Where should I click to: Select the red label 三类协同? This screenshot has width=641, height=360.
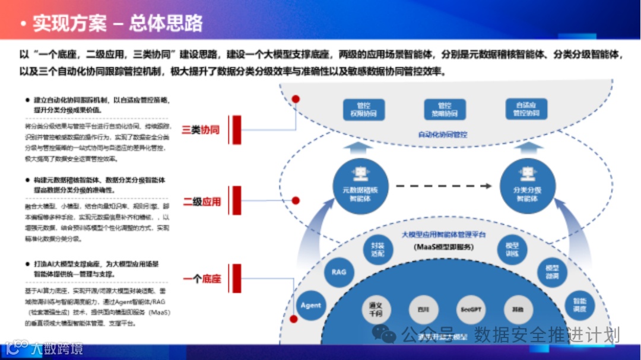click(201, 129)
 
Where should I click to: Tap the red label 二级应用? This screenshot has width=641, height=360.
click(201, 202)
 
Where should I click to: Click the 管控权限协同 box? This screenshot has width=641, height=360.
click(364, 109)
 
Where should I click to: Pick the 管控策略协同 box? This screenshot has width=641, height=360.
click(443, 109)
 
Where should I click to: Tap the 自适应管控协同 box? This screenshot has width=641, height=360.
click(526, 109)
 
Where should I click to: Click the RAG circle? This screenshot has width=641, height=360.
click(339, 272)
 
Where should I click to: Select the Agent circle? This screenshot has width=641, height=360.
click(310, 305)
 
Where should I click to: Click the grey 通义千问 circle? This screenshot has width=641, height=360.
click(379, 310)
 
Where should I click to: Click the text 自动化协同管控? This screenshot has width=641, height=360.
click(443, 135)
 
